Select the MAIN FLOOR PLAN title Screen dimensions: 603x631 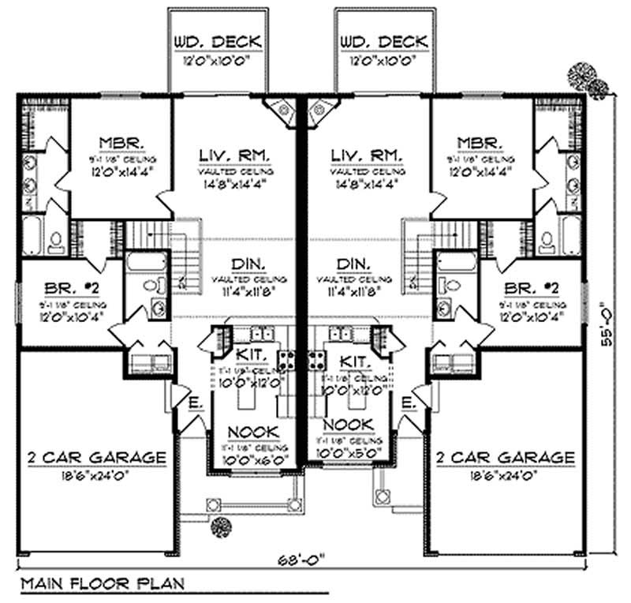pyautogui.click(x=102, y=584)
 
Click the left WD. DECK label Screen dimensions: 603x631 pyautogui.click(x=208, y=41)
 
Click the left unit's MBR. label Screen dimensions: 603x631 pyautogui.click(x=121, y=143)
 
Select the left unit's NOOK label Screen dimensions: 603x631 pyautogui.click(x=252, y=432)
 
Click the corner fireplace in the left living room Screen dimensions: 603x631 pyautogui.click(x=278, y=110)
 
